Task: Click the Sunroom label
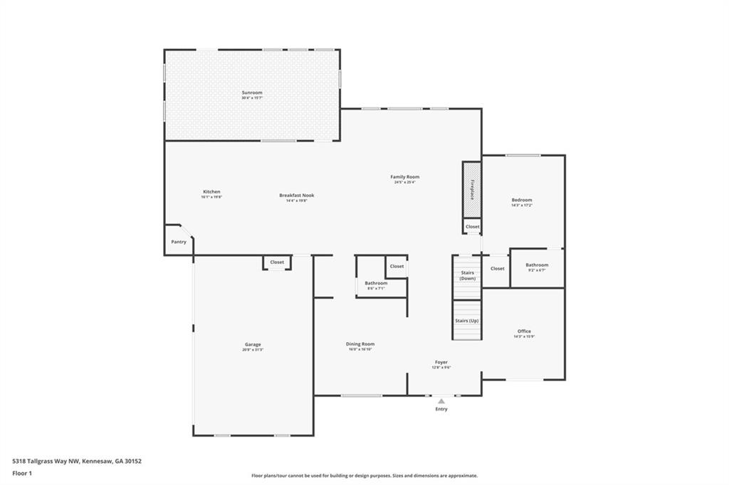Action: click(x=252, y=92)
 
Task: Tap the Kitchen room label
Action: click(x=211, y=191)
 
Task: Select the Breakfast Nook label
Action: click(x=296, y=195)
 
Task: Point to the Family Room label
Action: click(x=404, y=176)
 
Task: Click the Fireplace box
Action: click(x=471, y=190)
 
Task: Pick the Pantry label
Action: click(x=179, y=242)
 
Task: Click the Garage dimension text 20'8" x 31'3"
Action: click(x=253, y=350)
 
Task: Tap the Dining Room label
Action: click(x=361, y=343)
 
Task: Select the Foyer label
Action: click(x=441, y=362)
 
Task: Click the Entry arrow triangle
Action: click(x=441, y=401)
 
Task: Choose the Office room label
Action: click(x=524, y=331)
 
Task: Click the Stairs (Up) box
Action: click(x=467, y=321)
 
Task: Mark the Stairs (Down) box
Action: click(x=467, y=275)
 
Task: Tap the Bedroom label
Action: click(x=522, y=200)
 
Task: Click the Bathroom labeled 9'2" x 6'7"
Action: click(x=537, y=265)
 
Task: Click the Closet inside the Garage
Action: click(x=277, y=262)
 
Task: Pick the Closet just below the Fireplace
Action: click(x=473, y=227)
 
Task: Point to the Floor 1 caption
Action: click(x=23, y=473)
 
